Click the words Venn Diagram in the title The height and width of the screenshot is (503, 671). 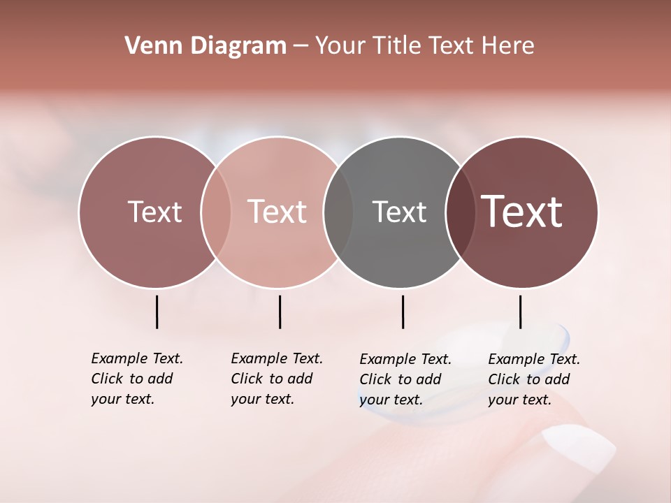(x=205, y=46)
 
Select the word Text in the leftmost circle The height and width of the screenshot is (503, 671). (x=154, y=212)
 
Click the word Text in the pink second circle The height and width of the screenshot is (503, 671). (x=277, y=212)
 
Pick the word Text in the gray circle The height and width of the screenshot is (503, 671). (x=399, y=212)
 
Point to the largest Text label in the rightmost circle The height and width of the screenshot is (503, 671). (x=522, y=212)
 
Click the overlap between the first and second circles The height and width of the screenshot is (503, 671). (x=216, y=212)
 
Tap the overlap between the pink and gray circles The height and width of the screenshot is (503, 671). (x=338, y=212)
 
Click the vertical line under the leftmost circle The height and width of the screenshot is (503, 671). (x=157, y=312)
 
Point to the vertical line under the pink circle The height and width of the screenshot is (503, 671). (x=280, y=312)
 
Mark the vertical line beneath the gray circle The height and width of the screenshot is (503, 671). (x=403, y=312)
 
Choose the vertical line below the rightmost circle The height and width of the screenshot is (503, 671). (x=520, y=312)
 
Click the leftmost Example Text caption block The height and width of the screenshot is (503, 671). (x=137, y=379)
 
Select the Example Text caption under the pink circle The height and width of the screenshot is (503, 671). (x=277, y=379)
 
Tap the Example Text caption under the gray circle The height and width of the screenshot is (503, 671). (x=405, y=379)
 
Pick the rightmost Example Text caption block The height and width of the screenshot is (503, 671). (x=534, y=379)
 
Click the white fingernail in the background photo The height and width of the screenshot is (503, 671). (x=579, y=447)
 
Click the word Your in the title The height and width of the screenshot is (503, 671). (x=338, y=46)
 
